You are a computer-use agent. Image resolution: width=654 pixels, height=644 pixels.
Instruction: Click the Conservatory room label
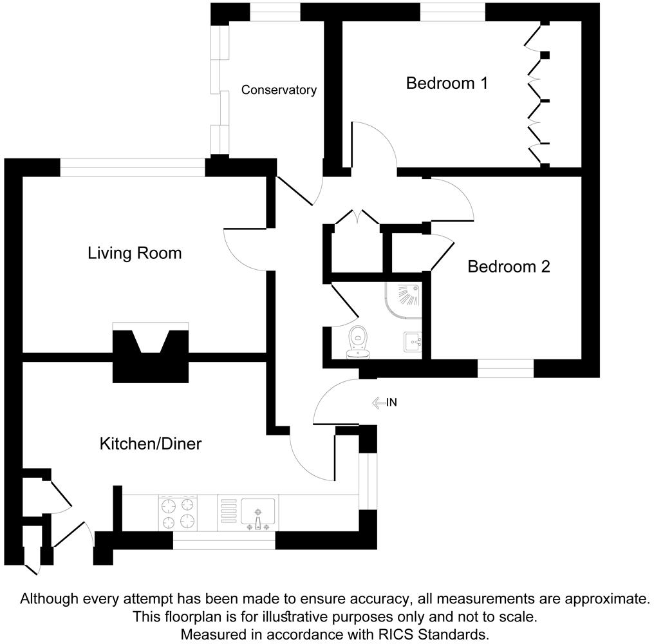(x=279, y=90)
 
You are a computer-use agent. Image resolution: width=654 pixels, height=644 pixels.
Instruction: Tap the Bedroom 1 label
(x=447, y=83)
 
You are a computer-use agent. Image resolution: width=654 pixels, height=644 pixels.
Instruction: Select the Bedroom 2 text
(x=509, y=266)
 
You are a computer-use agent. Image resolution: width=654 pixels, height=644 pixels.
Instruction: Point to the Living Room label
(x=135, y=253)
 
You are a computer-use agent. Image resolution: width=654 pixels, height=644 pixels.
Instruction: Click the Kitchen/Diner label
(x=151, y=444)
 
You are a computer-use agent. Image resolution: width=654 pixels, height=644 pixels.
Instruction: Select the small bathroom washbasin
(x=412, y=341)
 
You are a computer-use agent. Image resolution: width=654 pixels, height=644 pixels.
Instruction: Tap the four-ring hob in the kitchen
(x=178, y=513)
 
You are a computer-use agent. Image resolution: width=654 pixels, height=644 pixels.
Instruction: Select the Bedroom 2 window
(x=505, y=368)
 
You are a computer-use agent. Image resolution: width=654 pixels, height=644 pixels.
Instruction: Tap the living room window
(x=133, y=167)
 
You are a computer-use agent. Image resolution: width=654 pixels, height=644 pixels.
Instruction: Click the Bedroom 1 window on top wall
(x=453, y=12)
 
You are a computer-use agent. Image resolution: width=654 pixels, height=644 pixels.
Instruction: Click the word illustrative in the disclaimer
(x=316, y=616)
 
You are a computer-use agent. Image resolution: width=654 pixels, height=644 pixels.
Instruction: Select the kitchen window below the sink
(x=224, y=540)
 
